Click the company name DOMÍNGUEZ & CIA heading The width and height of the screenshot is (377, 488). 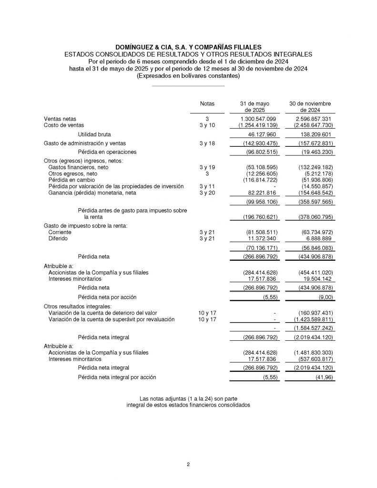point(188,47)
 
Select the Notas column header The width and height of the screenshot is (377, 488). point(207,103)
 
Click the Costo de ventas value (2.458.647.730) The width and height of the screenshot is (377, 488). point(309,125)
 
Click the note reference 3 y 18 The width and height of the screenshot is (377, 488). point(207,143)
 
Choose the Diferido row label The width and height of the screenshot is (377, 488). point(58,238)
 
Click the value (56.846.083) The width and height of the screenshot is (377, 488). point(310,248)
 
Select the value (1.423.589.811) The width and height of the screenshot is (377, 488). point(309,319)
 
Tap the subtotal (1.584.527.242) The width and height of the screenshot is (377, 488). point(309,328)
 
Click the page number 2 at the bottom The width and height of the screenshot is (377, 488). point(188,464)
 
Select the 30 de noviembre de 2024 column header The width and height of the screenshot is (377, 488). point(310,107)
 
